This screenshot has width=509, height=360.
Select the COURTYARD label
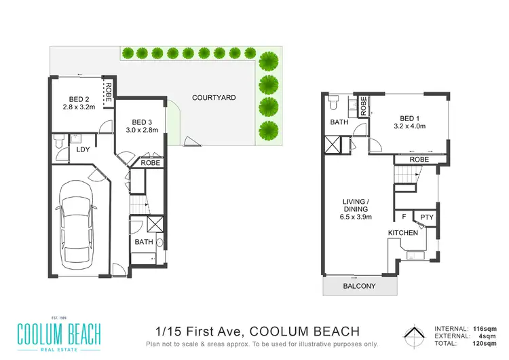214,98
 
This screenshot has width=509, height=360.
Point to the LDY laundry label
83,150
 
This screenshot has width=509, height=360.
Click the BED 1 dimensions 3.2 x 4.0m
413,127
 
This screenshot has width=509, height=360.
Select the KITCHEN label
402,233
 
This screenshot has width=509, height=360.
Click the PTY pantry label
426,217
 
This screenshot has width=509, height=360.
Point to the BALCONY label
359,287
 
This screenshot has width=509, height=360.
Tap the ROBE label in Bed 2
107,90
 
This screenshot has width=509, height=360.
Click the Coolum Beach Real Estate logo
60,334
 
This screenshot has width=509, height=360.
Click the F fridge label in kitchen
404,217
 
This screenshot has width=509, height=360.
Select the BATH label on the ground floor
143,241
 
